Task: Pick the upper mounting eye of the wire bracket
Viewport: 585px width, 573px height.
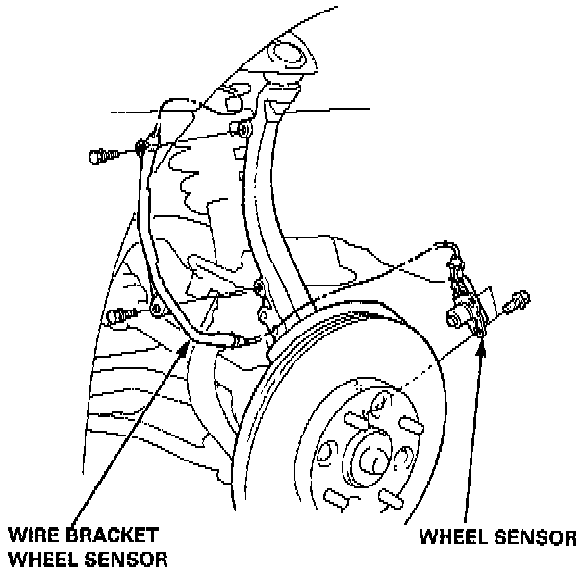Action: pyautogui.click(x=141, y=147)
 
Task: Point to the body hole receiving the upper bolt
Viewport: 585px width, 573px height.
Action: pyautogui.click(x=242, y=129)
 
